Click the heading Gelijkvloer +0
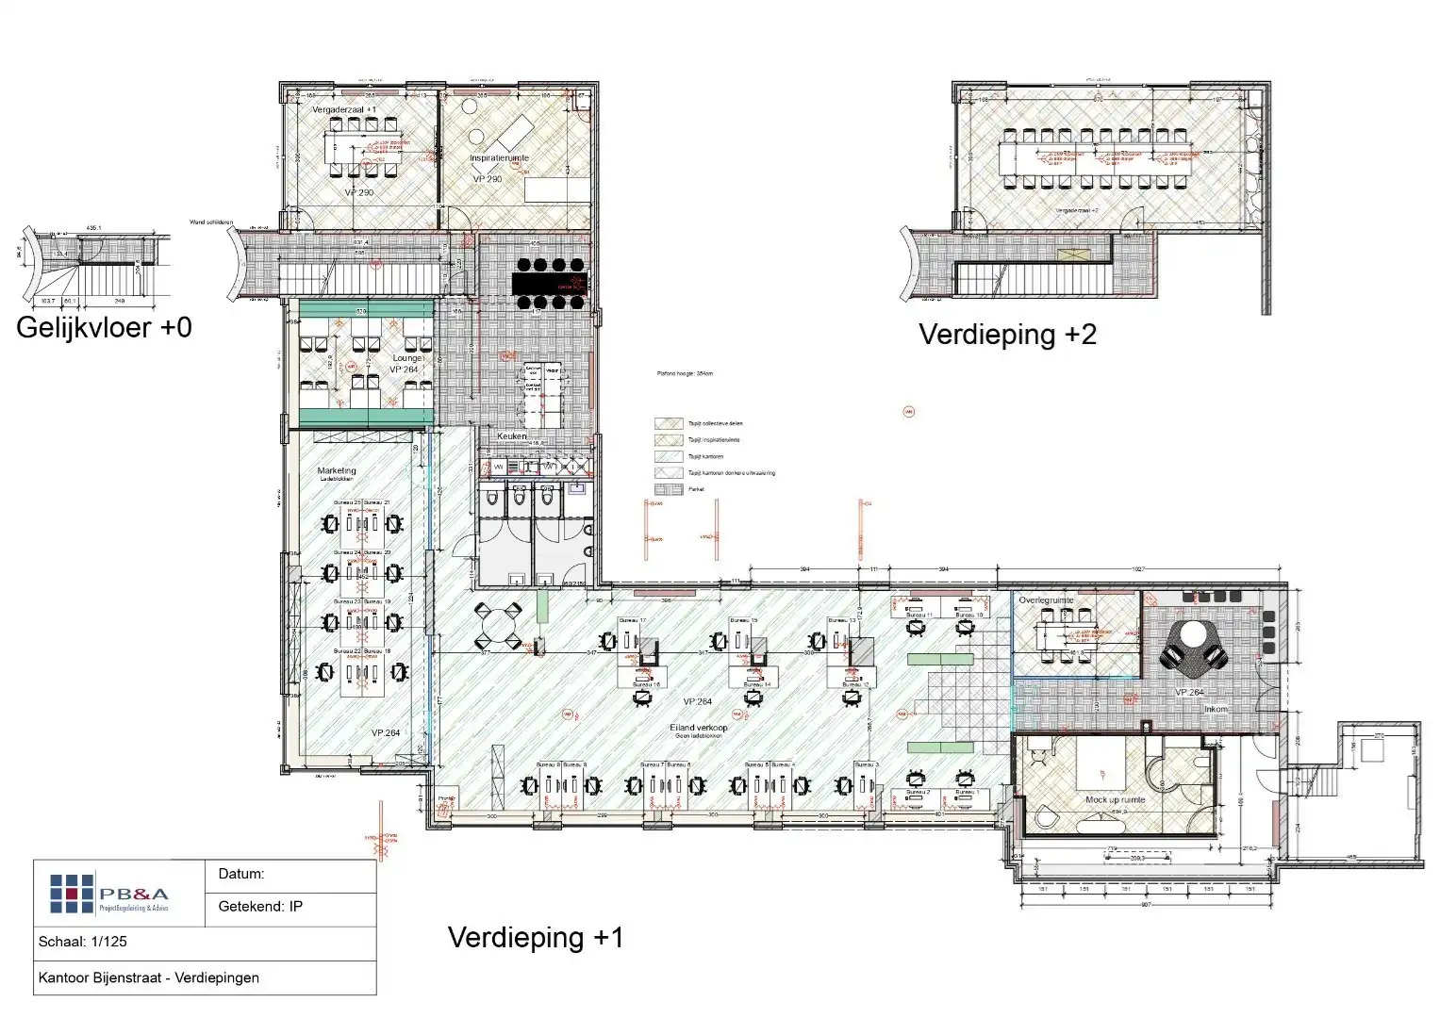pyautogui.click(x=104, y=328)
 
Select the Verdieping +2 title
pyautogui.click(x=1007, y=335)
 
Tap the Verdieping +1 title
pyautogui.click(x=535, y=938)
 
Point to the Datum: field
pyautogui.click(x=241, y=875)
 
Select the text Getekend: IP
pyautogui.click(x=260, y=907)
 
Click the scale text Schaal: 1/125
pyautogui.click(x=83, y=942)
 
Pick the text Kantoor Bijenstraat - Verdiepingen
pyautogui.click(x=148, y=978)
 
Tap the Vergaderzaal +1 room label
pyautogui.click(x=344, y=110)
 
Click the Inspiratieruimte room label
pyautogui.click(x=500, y=158)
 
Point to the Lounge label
pyautogui.click(x=407, y=358)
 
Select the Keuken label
pyautogui.click(x=512, y=436)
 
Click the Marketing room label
pyautogui.click(x=337, y=470)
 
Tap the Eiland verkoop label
pyautogui.click(x=699, y=728)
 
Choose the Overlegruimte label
pyautogui.click(x=1046, y=600)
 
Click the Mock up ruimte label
pyautogui.click(x=1115, y=800)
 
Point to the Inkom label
pyautogui.click(x=1216, y=709)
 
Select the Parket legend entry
pyautogui.click(x=696, y=489)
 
